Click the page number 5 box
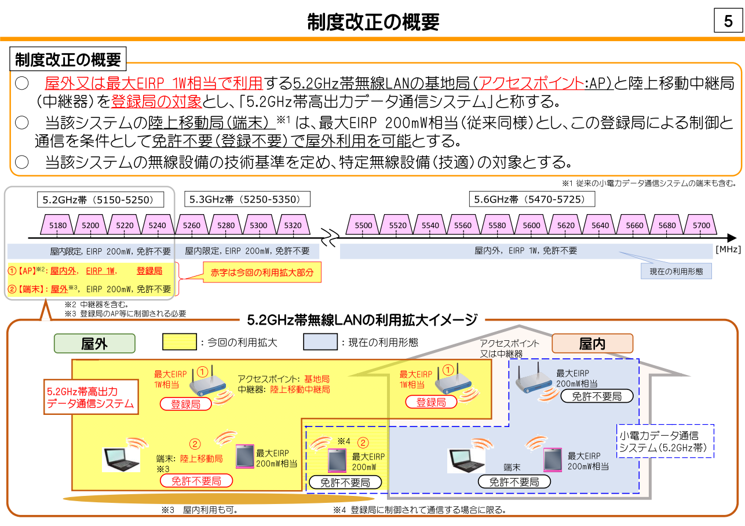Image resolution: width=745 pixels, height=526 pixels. click(x=728, y=21)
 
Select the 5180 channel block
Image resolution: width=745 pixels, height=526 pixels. click(x=57, y=225)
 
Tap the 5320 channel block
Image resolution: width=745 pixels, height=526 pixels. click(x=293, y=225)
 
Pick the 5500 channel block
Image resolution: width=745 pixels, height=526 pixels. click(x=363, y=225)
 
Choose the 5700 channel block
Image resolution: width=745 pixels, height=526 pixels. click(x=701, y=225)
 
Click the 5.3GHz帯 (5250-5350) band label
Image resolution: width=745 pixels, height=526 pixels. click(x=247, y=200)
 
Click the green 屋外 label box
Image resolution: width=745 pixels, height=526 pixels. click(x=94, y=344)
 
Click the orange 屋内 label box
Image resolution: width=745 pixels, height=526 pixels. click(x=593, y=344)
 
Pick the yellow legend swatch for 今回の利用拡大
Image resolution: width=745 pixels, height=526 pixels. click(x=180, y=342)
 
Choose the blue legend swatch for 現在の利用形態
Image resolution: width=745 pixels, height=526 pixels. click(x=320, y=342)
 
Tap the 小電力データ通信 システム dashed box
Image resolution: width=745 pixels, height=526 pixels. click(x=666, y=442)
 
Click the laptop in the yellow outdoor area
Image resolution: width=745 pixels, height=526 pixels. click(x=122, y=459)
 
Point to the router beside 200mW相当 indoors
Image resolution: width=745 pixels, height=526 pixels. click(x=534, y=380)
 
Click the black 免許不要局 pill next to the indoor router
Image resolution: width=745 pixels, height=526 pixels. click(x=596, y=396)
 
